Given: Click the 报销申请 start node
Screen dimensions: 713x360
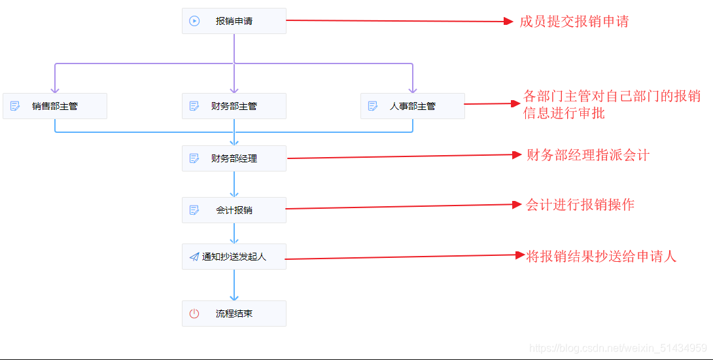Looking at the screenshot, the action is click(x=234, y=21).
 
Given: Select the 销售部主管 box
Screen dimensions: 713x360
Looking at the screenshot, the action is click(x=55, y=106).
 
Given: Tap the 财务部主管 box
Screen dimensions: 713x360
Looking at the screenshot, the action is click(x=234, y=106).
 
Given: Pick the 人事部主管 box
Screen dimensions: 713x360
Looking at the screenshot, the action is click(x=412, y=106).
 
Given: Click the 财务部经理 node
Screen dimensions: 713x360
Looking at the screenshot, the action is click(x=234, y=158).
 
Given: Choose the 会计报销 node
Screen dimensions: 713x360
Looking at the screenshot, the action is click(x=234, y=210).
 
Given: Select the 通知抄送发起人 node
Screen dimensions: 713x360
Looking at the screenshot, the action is click(x=234, y=257).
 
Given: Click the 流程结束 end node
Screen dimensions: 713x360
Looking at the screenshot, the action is click(x=234, y=314).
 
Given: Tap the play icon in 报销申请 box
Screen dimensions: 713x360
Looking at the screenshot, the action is click(x=194, y=21).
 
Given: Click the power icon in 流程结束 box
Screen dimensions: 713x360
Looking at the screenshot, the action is click(x=194, y=314).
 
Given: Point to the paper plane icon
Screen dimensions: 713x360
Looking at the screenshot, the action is click(x=194, y=257).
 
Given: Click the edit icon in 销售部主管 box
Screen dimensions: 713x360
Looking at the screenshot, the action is click(x=16, y=106).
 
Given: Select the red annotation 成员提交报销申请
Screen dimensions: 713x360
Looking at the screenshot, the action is click(x=574, y=22).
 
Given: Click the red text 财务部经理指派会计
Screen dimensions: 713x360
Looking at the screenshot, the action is click(x=587, y=155).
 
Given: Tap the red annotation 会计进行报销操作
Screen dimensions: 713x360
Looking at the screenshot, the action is click(x=580, y=205).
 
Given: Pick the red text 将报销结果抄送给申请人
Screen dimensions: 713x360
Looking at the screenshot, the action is click(x=600, y=256).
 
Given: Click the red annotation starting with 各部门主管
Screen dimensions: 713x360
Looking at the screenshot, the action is click(x=612, y=105).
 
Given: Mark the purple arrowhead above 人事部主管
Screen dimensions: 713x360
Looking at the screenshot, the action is click(x=412, y=90).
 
